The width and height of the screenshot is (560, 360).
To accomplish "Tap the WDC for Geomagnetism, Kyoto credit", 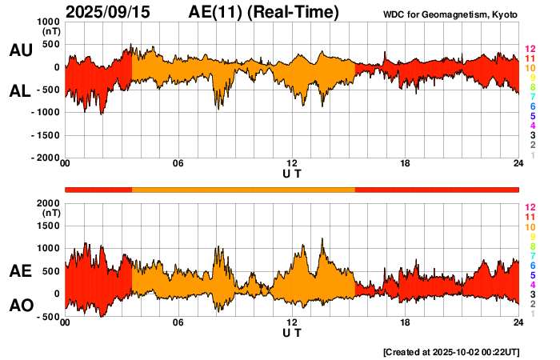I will (x=452, y=14).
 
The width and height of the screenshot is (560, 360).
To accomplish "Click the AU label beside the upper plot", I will (x=20, y=50).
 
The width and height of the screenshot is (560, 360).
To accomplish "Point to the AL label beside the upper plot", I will (x=20, y=91).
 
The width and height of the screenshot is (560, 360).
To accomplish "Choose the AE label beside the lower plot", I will (x=20, y=272).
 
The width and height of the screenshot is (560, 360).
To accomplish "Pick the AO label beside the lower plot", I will (x=20, y=306).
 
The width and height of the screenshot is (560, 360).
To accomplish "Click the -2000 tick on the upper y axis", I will (x=46, y=158).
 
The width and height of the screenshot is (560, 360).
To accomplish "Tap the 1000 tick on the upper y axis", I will (x=49, y=22).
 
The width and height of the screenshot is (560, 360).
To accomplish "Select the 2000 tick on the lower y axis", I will (x=49, y=203).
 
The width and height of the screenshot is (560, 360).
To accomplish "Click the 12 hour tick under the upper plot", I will (x=292, y=164).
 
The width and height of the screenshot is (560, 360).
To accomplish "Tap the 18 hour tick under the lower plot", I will (x=406, y=322).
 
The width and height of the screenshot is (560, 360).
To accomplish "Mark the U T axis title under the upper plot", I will (x=292, y=174).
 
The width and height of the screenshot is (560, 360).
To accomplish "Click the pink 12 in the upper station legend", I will (x=530, y=50).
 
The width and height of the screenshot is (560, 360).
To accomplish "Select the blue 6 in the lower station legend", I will (x=532, y=265).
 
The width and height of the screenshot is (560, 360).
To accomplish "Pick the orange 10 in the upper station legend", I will (x=530, y=68).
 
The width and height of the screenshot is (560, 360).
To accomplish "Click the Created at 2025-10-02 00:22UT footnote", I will (x=451, y=351).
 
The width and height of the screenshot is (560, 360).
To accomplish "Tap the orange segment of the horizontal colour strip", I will (x=243, y=189).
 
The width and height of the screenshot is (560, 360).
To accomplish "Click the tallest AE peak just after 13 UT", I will (x=322, y=238).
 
